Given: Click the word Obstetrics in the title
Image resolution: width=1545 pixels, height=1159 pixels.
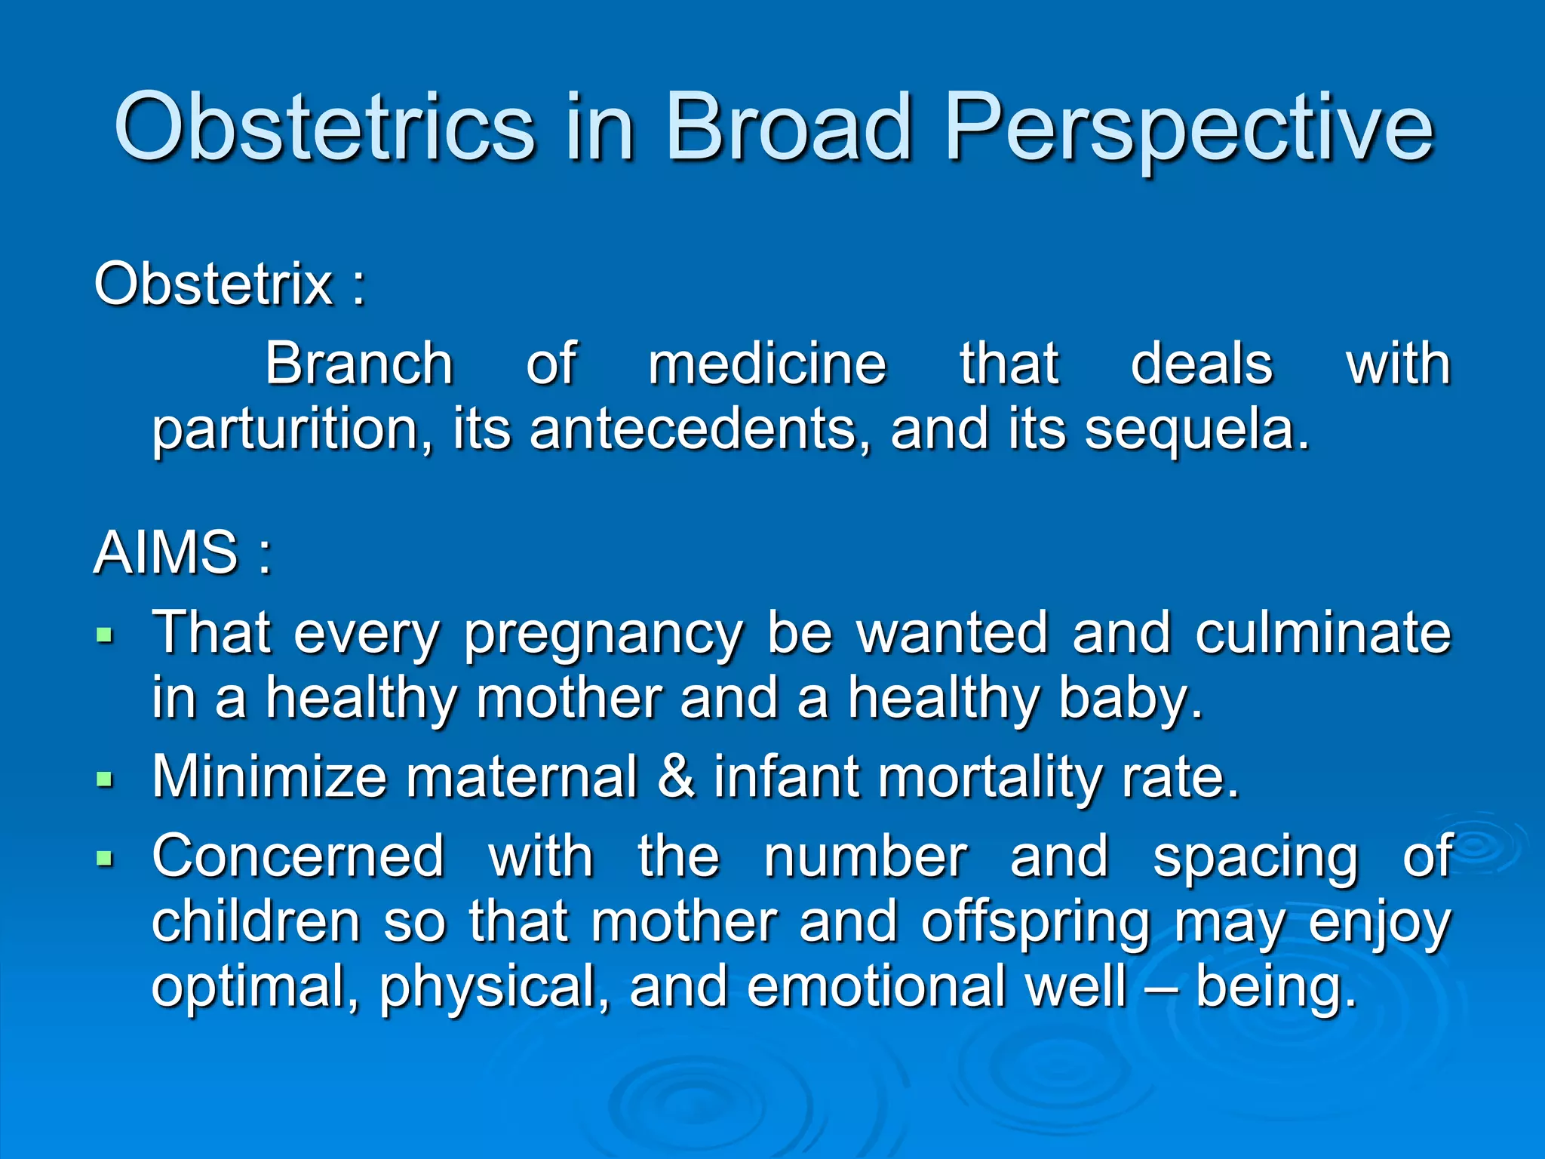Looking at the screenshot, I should pos(324,127).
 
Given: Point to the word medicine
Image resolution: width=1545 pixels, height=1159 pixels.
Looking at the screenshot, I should pos(766,364).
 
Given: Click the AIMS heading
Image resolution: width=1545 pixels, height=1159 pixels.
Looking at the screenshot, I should pos(167,552).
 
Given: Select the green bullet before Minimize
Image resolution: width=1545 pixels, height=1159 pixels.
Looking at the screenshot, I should pos(105,778).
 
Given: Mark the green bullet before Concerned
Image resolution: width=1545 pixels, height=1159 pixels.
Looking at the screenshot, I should pos(105,857).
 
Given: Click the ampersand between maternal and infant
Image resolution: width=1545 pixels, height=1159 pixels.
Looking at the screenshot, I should pos(676,776).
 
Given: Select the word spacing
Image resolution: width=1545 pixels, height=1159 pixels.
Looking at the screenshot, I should pos(1255,859).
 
